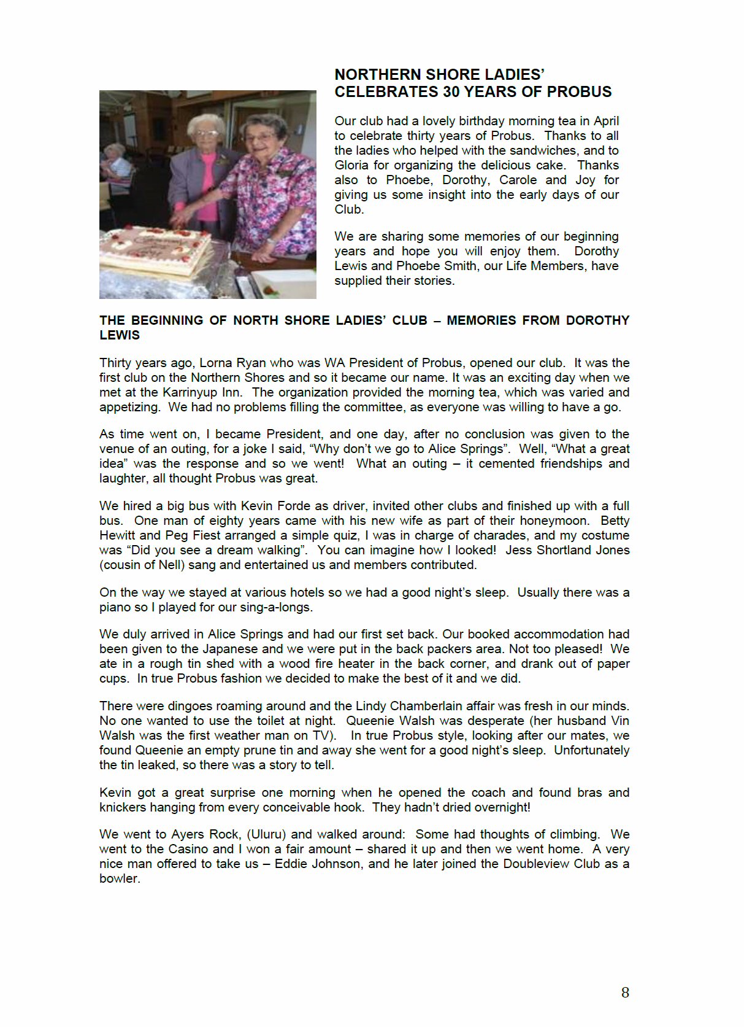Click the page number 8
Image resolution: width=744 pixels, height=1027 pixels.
pyautogui.click(x=625, y=993)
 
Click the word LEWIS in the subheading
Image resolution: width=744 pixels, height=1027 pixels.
pyautogui.click(x=120, y=335)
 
